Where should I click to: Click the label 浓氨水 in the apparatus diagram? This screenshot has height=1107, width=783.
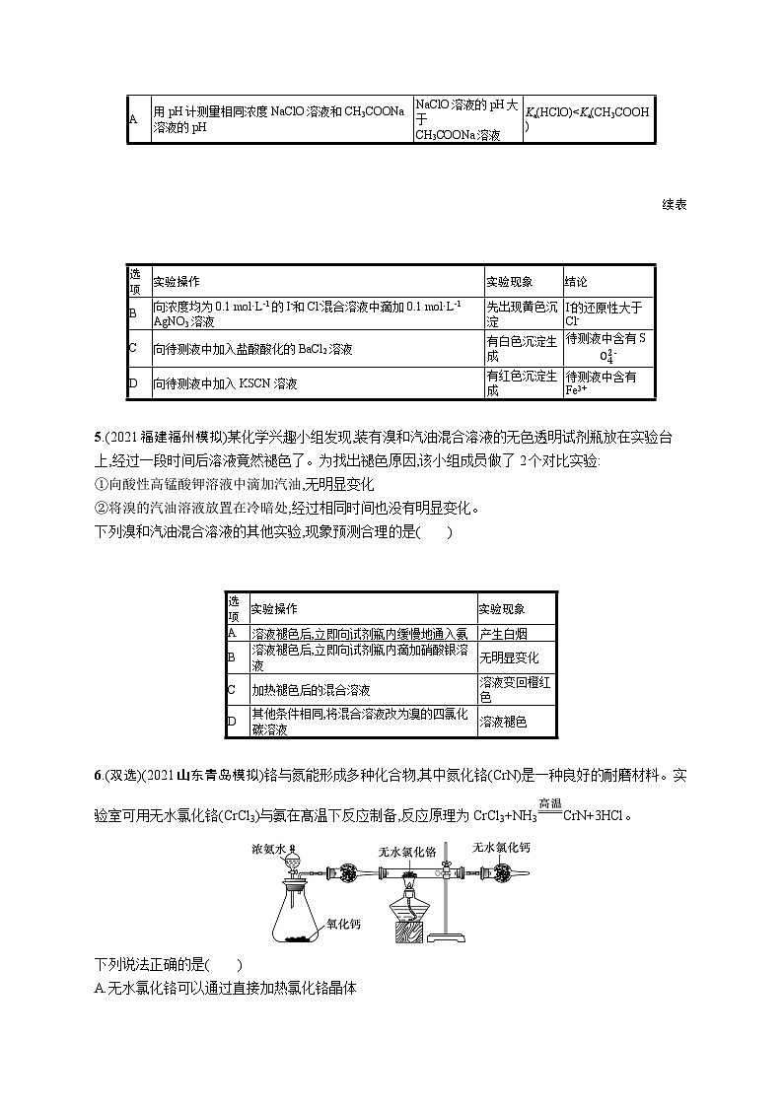[x=268, y=848]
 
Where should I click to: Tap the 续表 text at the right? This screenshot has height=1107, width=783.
[x=675, y=204]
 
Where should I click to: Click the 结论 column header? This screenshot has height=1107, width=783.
[x=576, y=282]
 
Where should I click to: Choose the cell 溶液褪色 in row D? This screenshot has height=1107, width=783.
[x=503, y=722]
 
